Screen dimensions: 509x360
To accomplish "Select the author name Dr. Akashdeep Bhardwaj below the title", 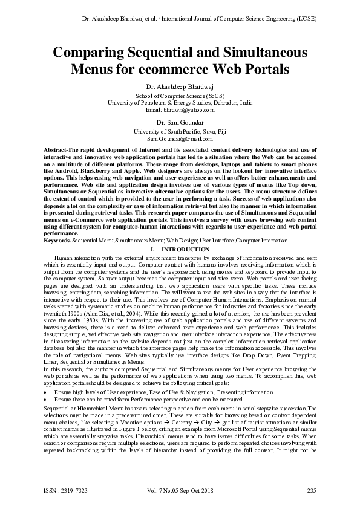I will [x=180, y=87].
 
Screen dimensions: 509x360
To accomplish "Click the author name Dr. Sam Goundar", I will [x=180, y=123].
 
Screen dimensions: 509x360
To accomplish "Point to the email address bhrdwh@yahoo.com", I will [x=180, y=110].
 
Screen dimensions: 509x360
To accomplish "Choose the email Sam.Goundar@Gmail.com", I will [x=180, y=138].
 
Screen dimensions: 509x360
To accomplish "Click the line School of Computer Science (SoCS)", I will [x=180, y=96].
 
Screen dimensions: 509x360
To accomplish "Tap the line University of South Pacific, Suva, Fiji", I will [x=180, y=131].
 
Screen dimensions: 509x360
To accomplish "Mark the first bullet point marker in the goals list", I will [x=46, y=375].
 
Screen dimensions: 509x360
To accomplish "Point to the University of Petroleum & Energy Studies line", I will [x=180, y=103].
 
